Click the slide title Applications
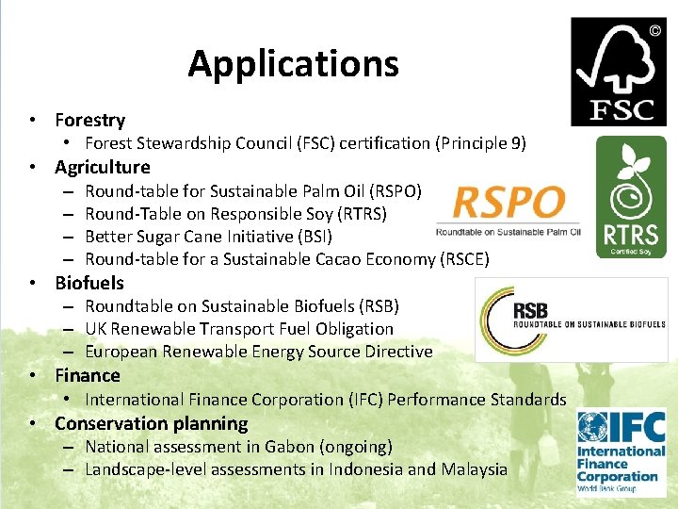(293, 64)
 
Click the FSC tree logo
(618, 72)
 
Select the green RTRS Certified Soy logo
(631, 196)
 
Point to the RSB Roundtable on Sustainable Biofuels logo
(572, 320)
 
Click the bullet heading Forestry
(89, 120)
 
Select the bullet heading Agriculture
(102, 167)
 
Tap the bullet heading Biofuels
(89, 283)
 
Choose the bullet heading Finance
(88, 375)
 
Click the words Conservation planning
(151, 423)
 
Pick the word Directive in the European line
(397, 352)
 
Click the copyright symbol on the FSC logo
(654, 30)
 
